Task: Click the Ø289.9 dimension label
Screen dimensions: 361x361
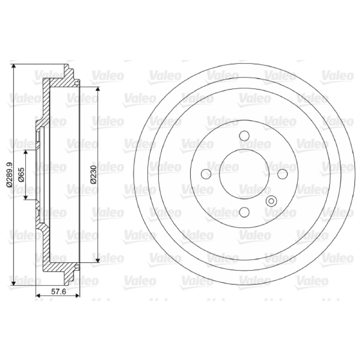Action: [9, 174]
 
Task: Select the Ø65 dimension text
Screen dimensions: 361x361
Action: [21, 175]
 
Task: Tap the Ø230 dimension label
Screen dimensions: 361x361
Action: [93, 174]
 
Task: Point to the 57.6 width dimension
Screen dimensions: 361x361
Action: [58, 292]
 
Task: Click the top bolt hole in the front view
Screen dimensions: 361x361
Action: [244, 136]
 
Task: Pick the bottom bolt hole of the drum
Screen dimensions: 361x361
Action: [244, 212]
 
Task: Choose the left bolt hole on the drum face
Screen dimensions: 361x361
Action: [206, 174]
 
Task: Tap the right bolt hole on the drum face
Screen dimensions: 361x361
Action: [282, 174]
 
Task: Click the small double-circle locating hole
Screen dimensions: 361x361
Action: [271, 201]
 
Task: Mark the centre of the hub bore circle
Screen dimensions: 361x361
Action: [244, 174]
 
